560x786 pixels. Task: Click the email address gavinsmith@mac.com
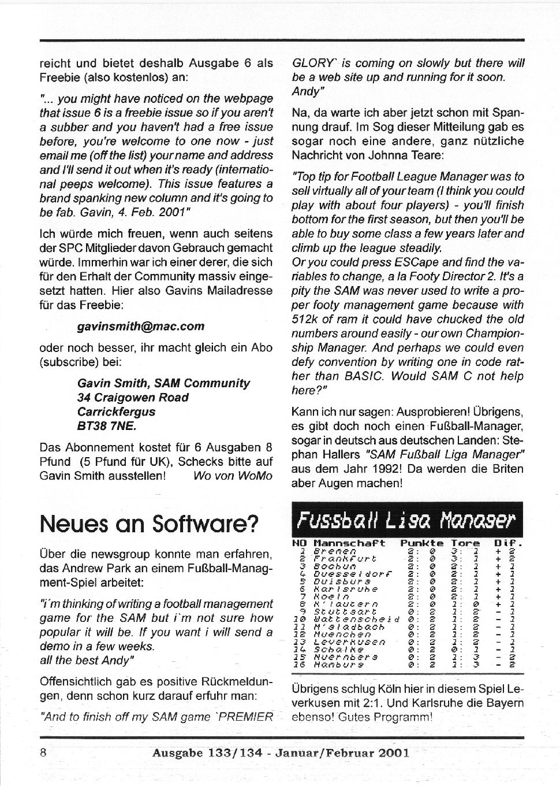pyautogui.click(x=141, y=326)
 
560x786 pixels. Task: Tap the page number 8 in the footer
pyautogui.click(x=43, y=752)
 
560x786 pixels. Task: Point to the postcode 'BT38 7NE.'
pyautogui.click(x=107, y=426)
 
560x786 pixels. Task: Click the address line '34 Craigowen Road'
pyautogui.click(x=133, y=398)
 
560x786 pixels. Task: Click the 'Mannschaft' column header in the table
pyautogui.click(x=349, y=543)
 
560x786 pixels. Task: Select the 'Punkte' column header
pyautogui.click(x=421, y=543)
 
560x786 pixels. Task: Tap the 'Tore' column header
pyautogui.click(x=465, y=543)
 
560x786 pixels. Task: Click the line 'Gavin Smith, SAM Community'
pyautogui.click(x=163, y=383)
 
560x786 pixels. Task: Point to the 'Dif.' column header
pyautogui.click(x=508, y=543)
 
